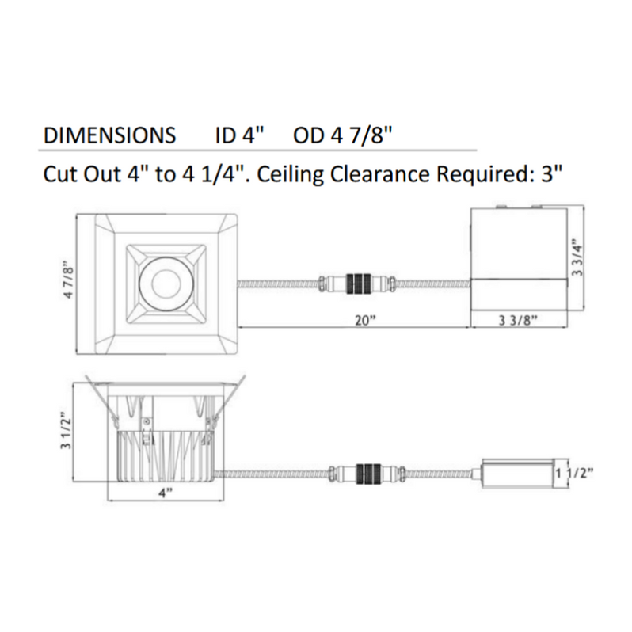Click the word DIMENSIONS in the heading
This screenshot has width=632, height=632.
coord(109,135)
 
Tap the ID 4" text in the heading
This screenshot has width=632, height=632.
coord(238,135)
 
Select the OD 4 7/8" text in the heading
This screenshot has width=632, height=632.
coord(343,135)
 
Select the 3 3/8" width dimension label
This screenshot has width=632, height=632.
coord(519,320)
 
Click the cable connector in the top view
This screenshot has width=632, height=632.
coord(356,283)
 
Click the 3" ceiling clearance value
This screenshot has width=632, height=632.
coord(550,173)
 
